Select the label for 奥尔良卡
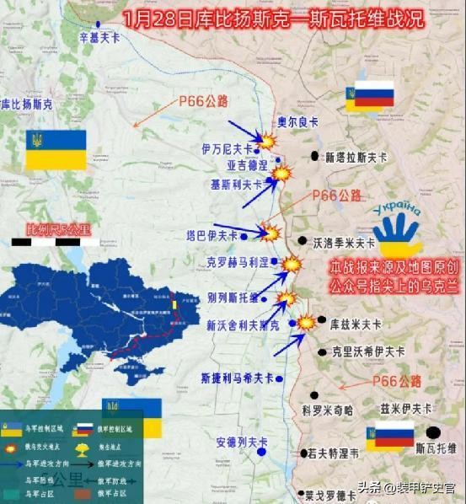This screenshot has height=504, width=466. (x=299, y=122)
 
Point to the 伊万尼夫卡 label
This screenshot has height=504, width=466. (x=228, y=148)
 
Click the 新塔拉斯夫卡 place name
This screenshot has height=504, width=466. (x=356, y=158)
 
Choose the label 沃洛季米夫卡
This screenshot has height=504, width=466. (x=344, y=242)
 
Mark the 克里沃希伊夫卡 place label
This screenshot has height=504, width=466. (x=368, y=351)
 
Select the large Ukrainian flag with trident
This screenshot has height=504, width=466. (x=56, y=149)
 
